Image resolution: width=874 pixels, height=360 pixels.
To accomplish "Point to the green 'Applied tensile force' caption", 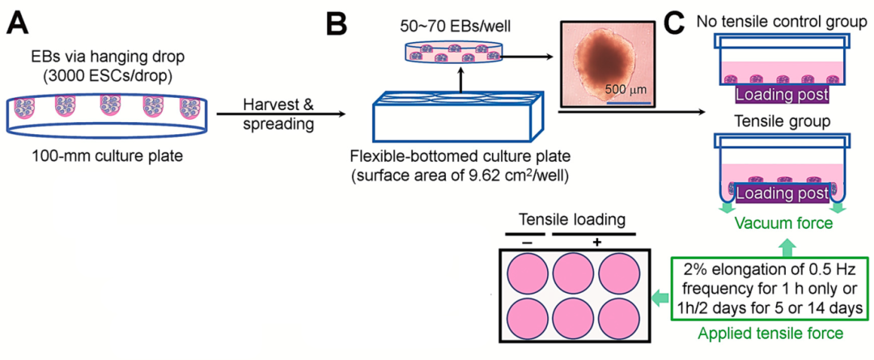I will coord(772,332).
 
